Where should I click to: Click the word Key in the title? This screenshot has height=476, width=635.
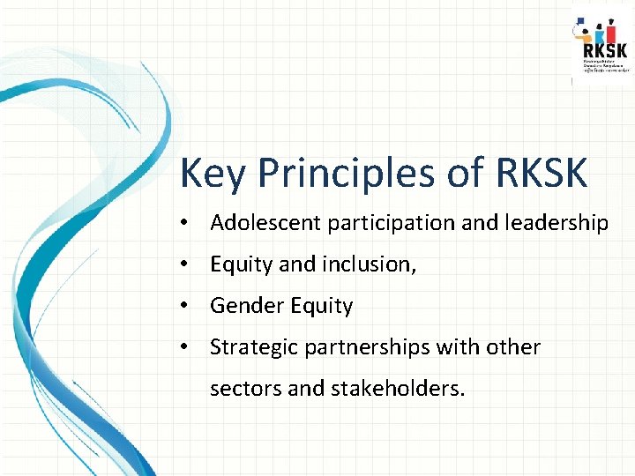[x=211, y=175]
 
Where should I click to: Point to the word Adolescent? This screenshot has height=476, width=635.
[x=266, y=223]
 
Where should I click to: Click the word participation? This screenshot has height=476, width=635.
[x=392, y=224]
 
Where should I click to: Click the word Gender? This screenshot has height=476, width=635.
[x=242, y=306]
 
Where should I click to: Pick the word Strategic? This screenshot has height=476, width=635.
[x=254, y=347]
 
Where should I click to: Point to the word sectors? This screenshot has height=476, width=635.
[x=246, y=389]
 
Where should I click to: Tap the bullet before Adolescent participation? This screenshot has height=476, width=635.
[x=183, y=224]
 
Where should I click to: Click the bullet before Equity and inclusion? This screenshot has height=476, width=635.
[x=183, y=264]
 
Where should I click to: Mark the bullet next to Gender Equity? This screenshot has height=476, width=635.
[x=183, y=306]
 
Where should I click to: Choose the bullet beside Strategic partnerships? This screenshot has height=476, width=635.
[x=183, y=347]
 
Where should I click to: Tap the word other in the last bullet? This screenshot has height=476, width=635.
[x=515, y=347]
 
